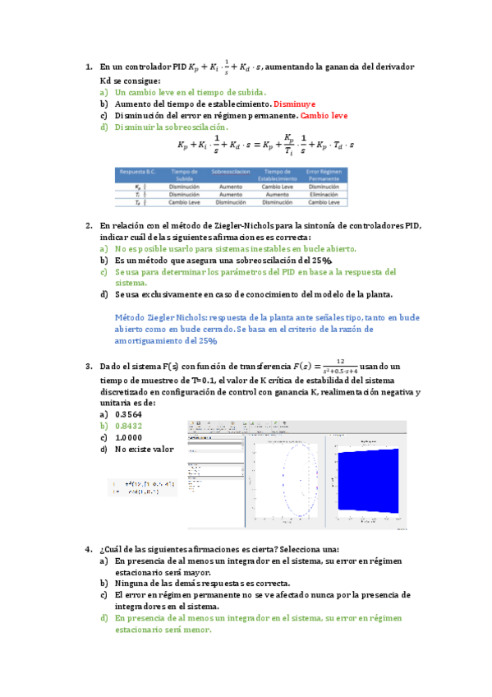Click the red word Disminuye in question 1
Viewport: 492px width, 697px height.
(293, 104)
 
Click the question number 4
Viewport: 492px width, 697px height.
(88, 549)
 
